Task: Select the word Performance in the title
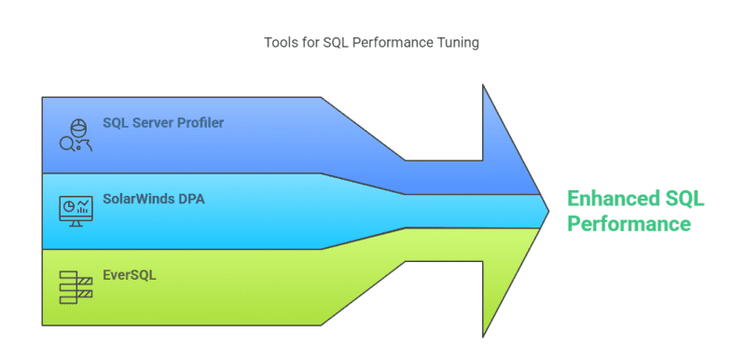pyautogui.click(x=393, y=42)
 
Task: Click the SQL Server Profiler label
pyautogui.click(x=163, y=122)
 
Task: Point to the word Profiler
pyautogui.click(x=200, y=122)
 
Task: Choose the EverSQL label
pyautogui.click(x=131, y=276)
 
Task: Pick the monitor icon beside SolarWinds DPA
pyautogui.click(x=76, y=211)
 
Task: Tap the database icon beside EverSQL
pyautogui.click(x=76, y=287)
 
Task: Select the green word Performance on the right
pyautogui.click(x=629, y=224)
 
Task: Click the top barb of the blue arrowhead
pyautogui.click(x=484, y=90)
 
